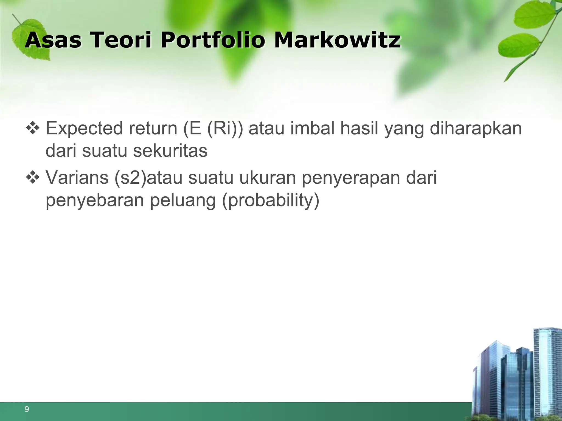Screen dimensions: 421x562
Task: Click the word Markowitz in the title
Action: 337,40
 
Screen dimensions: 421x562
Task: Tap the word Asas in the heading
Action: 53,40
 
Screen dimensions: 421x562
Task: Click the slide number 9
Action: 27,409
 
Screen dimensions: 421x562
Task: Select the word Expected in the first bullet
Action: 84,129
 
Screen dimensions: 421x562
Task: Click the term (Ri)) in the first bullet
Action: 225,129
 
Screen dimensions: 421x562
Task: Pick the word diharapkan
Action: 476,129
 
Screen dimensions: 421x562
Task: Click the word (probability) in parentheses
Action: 270,201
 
